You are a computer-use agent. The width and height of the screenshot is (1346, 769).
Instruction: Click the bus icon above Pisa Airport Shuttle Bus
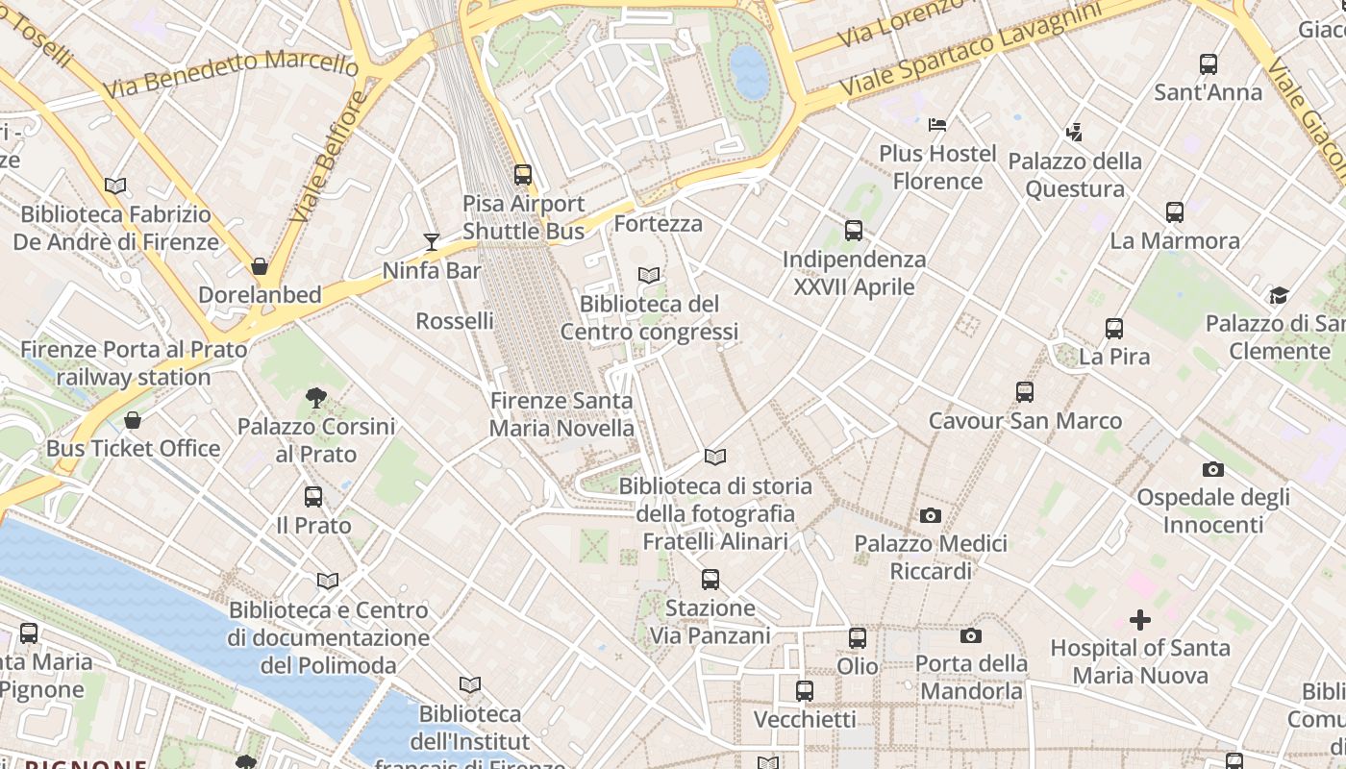coord(522,175)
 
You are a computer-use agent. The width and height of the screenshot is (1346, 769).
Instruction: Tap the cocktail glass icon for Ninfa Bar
coord(432,242)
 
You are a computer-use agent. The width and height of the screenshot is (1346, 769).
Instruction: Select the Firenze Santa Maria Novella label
coord(561,414)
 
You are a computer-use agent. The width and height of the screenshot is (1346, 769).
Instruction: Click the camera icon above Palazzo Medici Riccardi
coord(930,516)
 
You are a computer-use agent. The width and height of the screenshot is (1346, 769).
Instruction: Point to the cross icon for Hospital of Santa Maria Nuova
coord(1139,620)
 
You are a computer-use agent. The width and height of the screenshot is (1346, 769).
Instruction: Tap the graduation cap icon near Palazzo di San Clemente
coord(1278,295)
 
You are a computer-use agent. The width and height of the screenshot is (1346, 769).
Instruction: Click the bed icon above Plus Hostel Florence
coord(937,125)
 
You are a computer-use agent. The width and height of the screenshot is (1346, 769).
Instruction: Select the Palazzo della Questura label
coord(1075,175)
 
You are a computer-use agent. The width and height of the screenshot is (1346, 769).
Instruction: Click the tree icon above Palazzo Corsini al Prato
coord(315,397)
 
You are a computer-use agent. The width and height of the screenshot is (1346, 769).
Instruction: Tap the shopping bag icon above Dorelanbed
coord(259,266)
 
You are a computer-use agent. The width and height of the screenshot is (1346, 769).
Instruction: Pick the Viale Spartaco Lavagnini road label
coord(971,49)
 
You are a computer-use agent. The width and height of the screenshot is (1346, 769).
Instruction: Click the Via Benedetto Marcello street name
coord(230,75)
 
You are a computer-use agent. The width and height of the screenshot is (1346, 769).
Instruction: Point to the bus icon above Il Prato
coord(313,497)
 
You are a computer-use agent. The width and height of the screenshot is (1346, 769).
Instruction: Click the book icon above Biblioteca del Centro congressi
coord(649,276)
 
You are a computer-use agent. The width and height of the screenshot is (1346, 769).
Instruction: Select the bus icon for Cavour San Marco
coord(1025,392)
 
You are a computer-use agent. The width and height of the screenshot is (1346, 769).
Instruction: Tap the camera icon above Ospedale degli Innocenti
coord(1213,469)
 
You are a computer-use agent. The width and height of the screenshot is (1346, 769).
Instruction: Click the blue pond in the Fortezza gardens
coord(749,72)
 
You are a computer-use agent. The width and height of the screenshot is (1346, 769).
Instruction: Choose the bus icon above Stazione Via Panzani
coord(710,580)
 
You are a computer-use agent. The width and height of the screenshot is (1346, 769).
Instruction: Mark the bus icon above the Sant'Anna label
coord(1209,64)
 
